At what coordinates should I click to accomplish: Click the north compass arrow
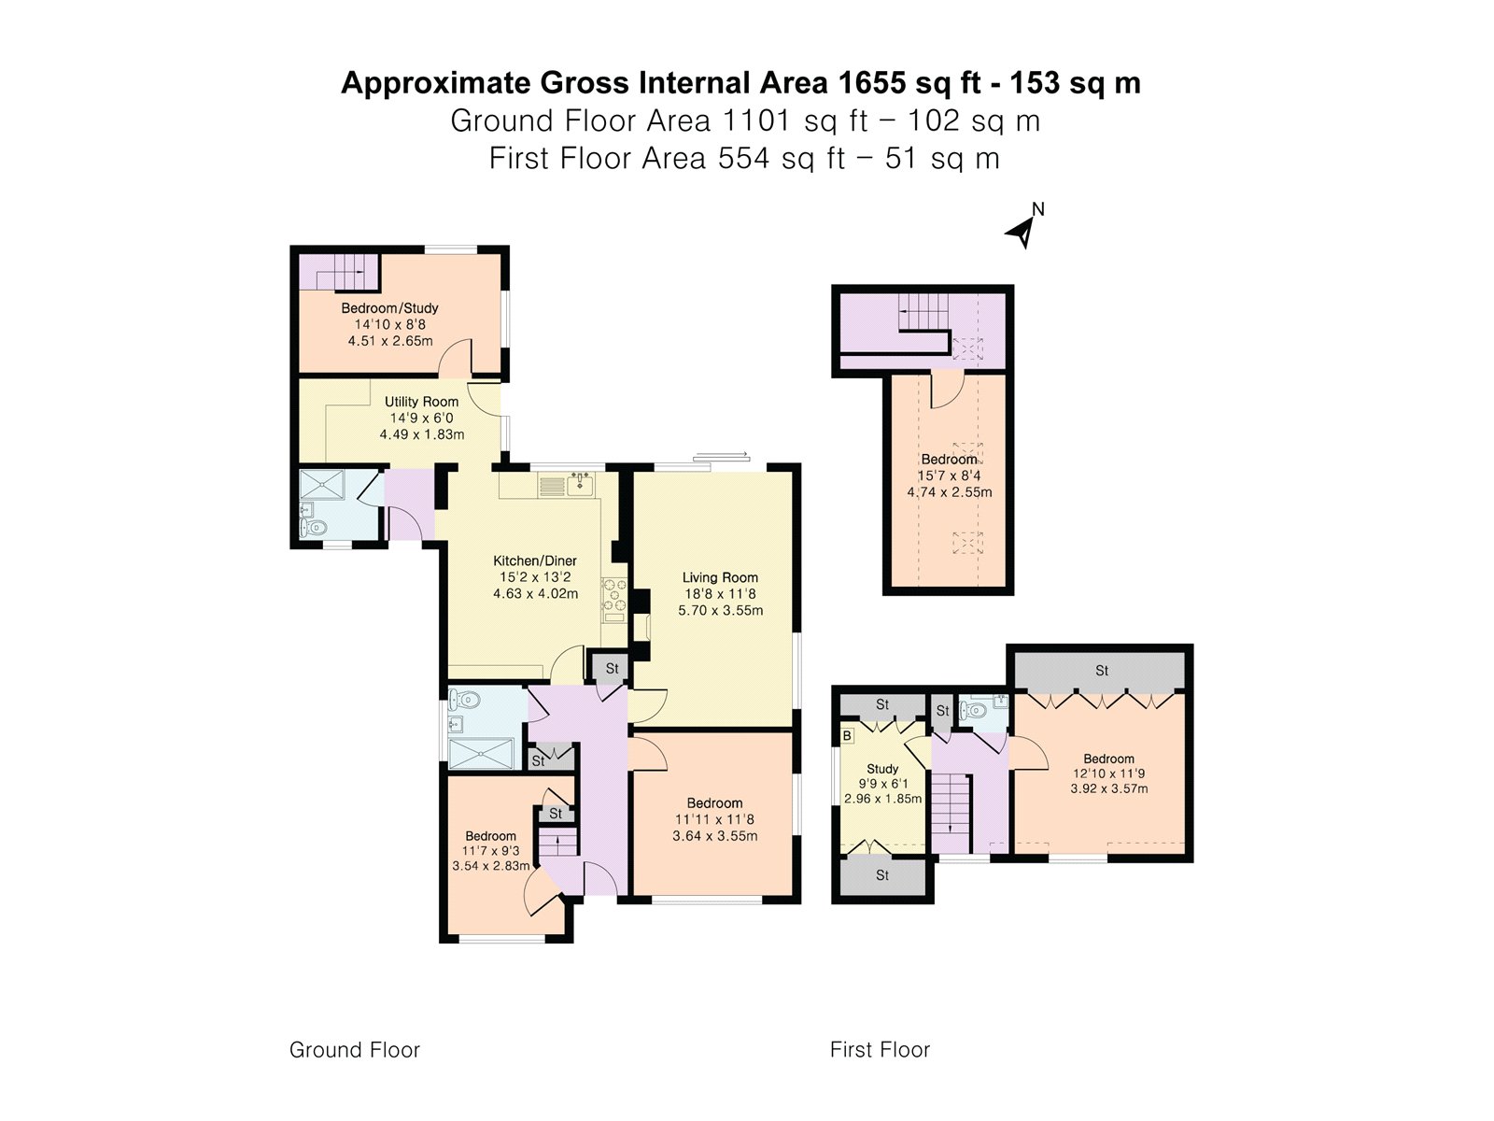(x=1022, y=230)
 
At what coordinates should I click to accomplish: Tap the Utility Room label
(x=421, y=402)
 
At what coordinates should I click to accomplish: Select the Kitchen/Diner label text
(x=535, y=561)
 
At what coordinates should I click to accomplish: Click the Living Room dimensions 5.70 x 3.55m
(x=720, y=610)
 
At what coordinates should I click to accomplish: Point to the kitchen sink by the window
(x=581, y=483)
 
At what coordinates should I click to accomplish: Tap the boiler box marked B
(x=848, y=736)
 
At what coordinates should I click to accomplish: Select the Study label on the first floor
(x=882, y=769)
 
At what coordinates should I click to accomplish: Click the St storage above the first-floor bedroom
(x=1101, y=671)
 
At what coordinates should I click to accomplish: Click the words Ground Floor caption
(x=355, y=1050)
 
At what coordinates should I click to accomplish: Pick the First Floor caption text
(x=880, y=1050)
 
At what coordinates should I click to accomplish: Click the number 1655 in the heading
(x=871, y=83)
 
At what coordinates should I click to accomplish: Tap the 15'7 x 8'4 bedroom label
(x=949, y=475)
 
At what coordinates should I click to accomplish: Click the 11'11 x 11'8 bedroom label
(x=714, y=819)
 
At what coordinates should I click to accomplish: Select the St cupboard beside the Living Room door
(x=612, y=668)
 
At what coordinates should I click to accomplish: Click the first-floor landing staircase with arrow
(x=951, y=802)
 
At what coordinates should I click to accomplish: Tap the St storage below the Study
(x=882, y=875)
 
